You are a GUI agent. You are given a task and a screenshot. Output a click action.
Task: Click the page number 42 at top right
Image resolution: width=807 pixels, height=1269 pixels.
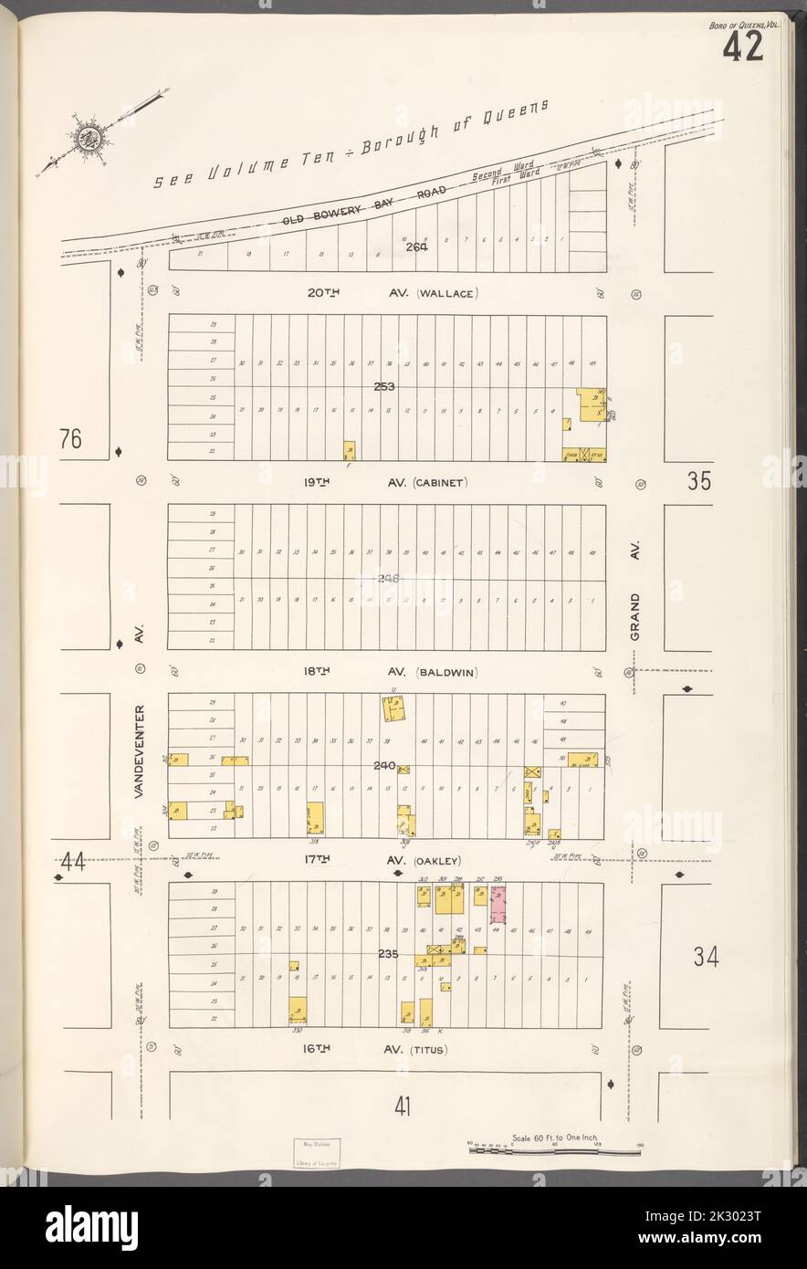coord(742,46)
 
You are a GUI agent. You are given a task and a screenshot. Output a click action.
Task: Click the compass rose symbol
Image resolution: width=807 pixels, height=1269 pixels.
coord(89,139)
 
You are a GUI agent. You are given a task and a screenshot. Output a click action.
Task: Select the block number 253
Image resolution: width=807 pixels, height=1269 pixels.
coord(383,387)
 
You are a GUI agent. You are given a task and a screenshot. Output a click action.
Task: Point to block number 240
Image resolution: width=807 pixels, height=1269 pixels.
coord(383,766)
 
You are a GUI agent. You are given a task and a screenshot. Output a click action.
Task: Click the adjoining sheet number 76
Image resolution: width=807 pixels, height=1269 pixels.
coord(71,439)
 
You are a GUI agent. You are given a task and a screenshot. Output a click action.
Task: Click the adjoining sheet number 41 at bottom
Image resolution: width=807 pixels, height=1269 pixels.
coord(403,1107)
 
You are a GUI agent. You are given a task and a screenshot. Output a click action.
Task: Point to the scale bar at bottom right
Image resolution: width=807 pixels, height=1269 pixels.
coord(553,1151)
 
